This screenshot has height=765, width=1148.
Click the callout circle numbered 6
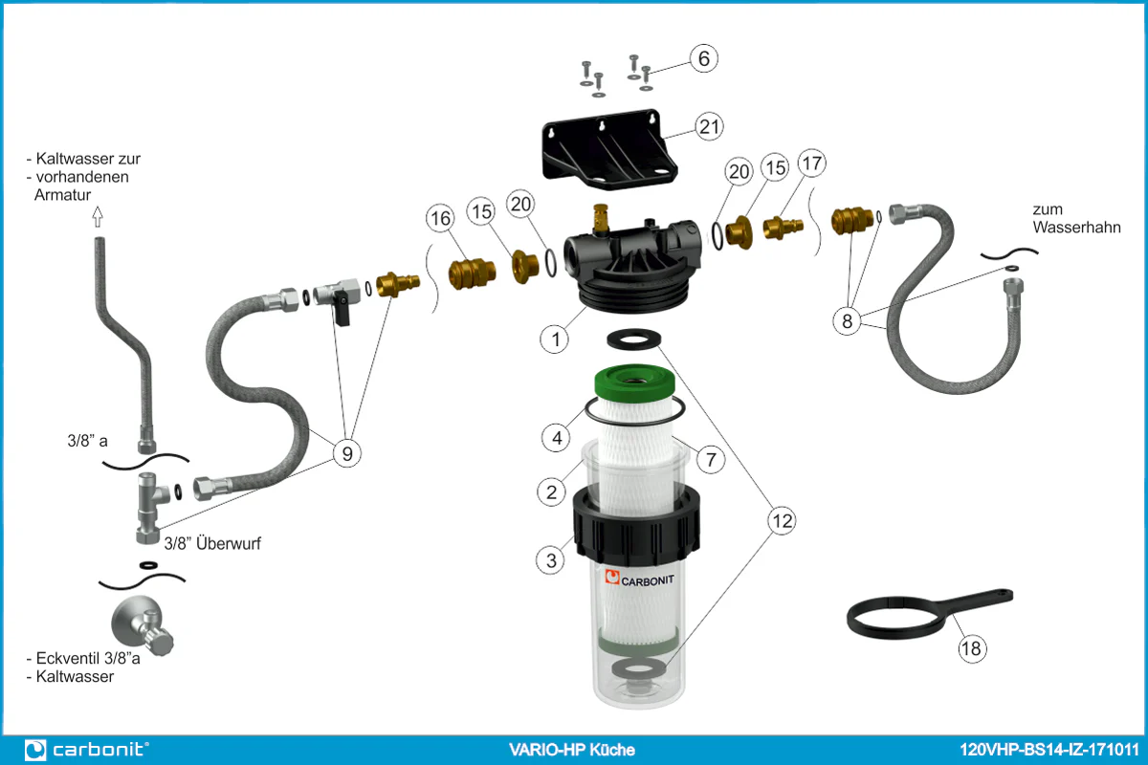[703, 58]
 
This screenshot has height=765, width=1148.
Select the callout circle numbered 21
[709, 126]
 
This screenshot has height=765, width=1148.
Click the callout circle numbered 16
[440, 219]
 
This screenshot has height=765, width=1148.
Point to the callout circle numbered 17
[810, 164]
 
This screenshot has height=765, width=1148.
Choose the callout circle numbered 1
[554, 338]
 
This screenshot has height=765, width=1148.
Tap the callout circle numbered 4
[556, 439]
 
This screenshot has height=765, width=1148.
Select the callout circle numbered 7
[709, 459]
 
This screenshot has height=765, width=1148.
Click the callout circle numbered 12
[782, 520]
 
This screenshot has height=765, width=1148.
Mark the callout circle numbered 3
[551, 560]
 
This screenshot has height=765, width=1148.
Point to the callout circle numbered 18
[972, 649]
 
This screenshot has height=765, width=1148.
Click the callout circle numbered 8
[847, 321]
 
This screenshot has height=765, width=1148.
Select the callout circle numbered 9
[346, 452]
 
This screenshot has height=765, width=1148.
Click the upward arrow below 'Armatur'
[97, 219]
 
